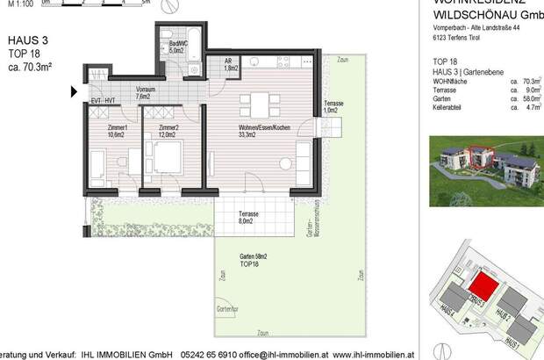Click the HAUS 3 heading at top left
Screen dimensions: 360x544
(27, 40)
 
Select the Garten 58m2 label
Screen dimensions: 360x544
(254, 260)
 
